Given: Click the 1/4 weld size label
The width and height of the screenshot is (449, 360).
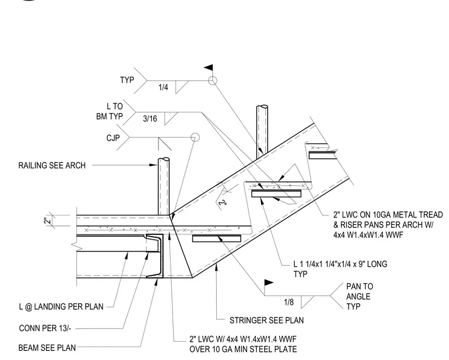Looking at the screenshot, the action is (163, 87).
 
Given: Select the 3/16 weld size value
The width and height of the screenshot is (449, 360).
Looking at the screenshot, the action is (150, 119).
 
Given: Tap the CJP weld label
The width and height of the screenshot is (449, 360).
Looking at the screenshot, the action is (113, 138).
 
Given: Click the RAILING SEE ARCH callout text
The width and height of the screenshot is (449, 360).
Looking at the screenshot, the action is (52, 165).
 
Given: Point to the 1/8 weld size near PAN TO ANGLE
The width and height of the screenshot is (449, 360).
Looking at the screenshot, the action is (289, 302).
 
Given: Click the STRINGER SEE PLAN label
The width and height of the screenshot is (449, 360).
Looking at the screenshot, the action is (266, 320).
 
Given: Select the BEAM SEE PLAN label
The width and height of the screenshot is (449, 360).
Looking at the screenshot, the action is (47, 348).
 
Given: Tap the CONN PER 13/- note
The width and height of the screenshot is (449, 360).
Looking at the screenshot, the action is (45, 328).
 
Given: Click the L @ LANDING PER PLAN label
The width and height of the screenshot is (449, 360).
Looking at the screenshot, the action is (61, 306).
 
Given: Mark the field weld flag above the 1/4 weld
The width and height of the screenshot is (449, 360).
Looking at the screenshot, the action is (209, 68).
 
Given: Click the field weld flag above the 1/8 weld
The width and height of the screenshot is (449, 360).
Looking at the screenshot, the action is (269, 283).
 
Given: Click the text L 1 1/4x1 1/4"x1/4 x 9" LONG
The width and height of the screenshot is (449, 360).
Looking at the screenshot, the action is (340, 264).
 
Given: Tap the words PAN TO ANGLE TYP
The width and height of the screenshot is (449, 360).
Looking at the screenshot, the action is (360, 296).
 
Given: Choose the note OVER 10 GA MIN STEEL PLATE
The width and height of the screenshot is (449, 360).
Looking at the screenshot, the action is (243, 349).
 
